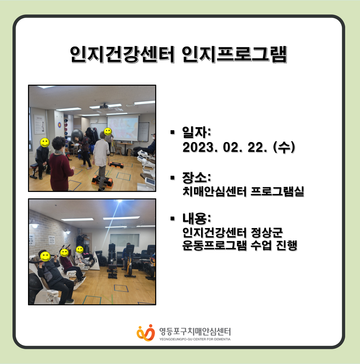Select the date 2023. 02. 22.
225,147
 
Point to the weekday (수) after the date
284,147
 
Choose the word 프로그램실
277,191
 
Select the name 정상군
267,232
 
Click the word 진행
286,245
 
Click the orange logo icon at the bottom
146,333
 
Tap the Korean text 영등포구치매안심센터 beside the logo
195,331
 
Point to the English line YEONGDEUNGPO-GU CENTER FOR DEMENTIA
195,339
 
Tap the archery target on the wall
60,125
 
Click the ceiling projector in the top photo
104,106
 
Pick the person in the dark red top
60,164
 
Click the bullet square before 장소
172,178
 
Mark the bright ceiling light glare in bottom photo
120,201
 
